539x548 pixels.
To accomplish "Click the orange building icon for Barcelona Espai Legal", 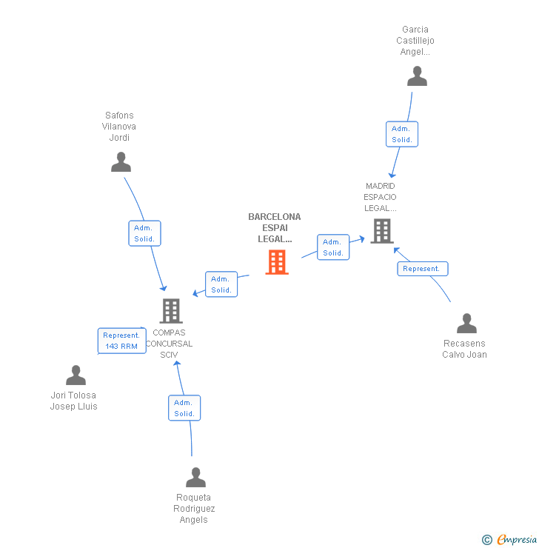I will pyautogui.click(x=276, y=262).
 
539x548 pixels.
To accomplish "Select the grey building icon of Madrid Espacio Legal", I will pyautogui.click(x=381, y=231).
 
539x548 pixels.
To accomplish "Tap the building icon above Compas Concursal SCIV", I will pyautogui.click(x=170, y=311).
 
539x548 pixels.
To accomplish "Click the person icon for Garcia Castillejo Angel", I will pyautogui.click(x=417, y=76).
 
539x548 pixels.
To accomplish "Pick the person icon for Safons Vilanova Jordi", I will pyautogui.click(x=121, y=162).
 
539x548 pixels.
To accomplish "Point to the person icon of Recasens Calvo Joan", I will pyautogui.click(x=466, y=324).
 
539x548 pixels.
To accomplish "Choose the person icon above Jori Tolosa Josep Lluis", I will pyautogui.click(x=76, y=375).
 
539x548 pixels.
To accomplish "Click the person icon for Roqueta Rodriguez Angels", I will pyautogui.click(x=195, y=478).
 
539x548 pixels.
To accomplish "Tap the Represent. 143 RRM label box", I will pyautogui.click(x=121, y=341).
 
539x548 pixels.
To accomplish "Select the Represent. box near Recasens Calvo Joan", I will pyautogui.click(x=422, y=268).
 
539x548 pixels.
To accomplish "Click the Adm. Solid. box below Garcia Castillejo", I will pyautogui.click(x=402, y=134).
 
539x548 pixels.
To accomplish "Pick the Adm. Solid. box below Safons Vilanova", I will pyautogui.click(x=144, y=233).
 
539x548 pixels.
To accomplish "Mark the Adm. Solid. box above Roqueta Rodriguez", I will pyautogui.click(x=184, y=407).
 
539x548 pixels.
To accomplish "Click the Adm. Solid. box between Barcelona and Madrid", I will pyautogui.click(x=333, y=247).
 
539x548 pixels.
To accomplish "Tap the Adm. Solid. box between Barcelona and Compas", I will pyautogui.click(x=221, y=284).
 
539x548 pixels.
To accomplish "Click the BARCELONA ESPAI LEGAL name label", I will pyautogui.click(x=275, y=228).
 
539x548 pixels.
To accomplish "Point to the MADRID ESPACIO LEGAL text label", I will pyautogui.click(x=380, y=197).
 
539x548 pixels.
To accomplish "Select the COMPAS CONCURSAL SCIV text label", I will pyautogui.click(x=169, y=344).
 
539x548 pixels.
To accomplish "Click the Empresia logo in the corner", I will pyautogui.click(x=518, y=540).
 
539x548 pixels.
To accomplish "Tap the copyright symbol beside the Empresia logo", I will pyautogui.click(x=487, y=540).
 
